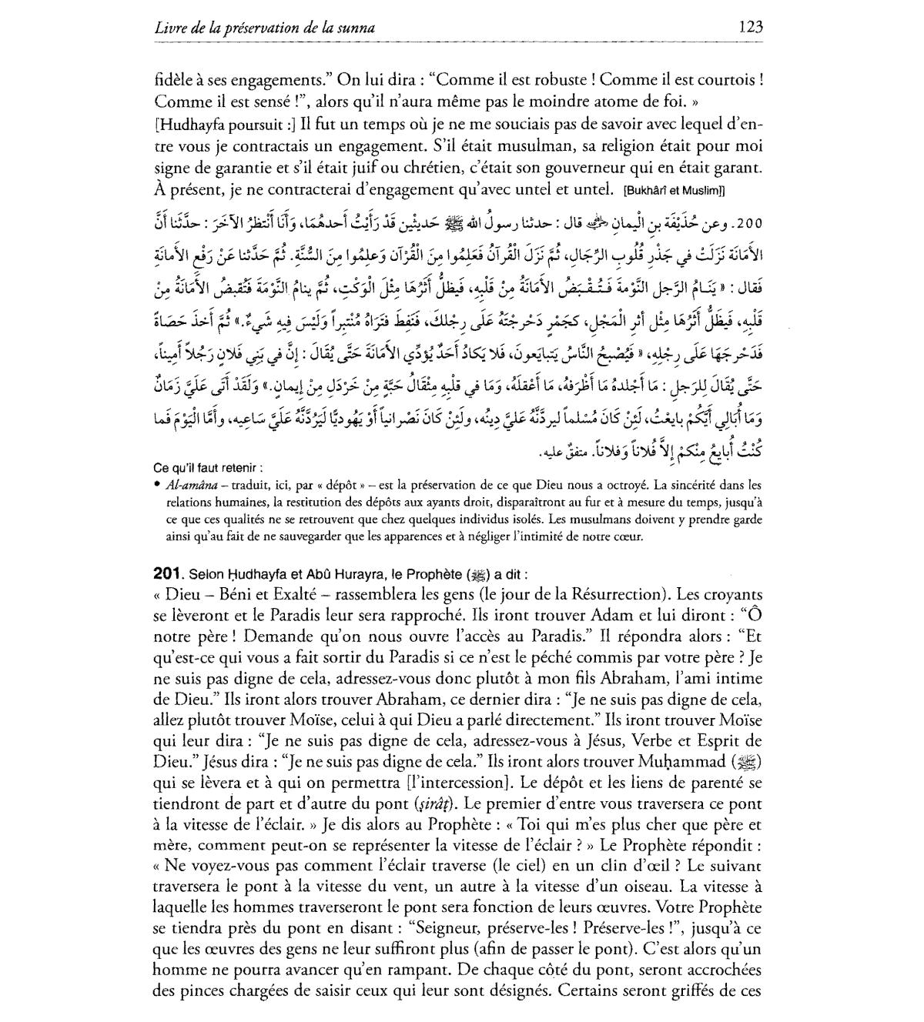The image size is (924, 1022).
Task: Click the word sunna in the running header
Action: [357, 28]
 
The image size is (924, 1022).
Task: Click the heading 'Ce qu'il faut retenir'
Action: [208, 467]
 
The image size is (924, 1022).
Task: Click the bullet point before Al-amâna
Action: [157, 485]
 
